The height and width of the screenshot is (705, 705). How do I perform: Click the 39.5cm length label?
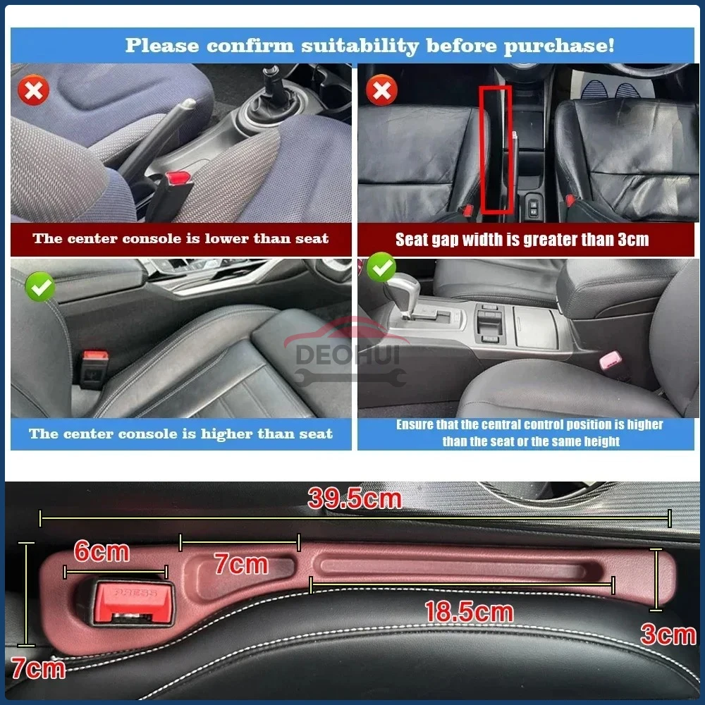pos(355,499)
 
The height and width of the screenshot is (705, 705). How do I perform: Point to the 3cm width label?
pos(668,634)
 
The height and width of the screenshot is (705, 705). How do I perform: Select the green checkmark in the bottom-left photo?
pos(39,287)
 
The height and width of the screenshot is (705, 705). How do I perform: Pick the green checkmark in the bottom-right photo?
pos(381,268)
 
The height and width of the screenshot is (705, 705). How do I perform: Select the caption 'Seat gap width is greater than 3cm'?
pos(522,240)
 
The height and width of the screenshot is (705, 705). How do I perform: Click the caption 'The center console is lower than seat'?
pos(180,238)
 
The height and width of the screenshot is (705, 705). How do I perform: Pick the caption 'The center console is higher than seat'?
pos(180,434)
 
